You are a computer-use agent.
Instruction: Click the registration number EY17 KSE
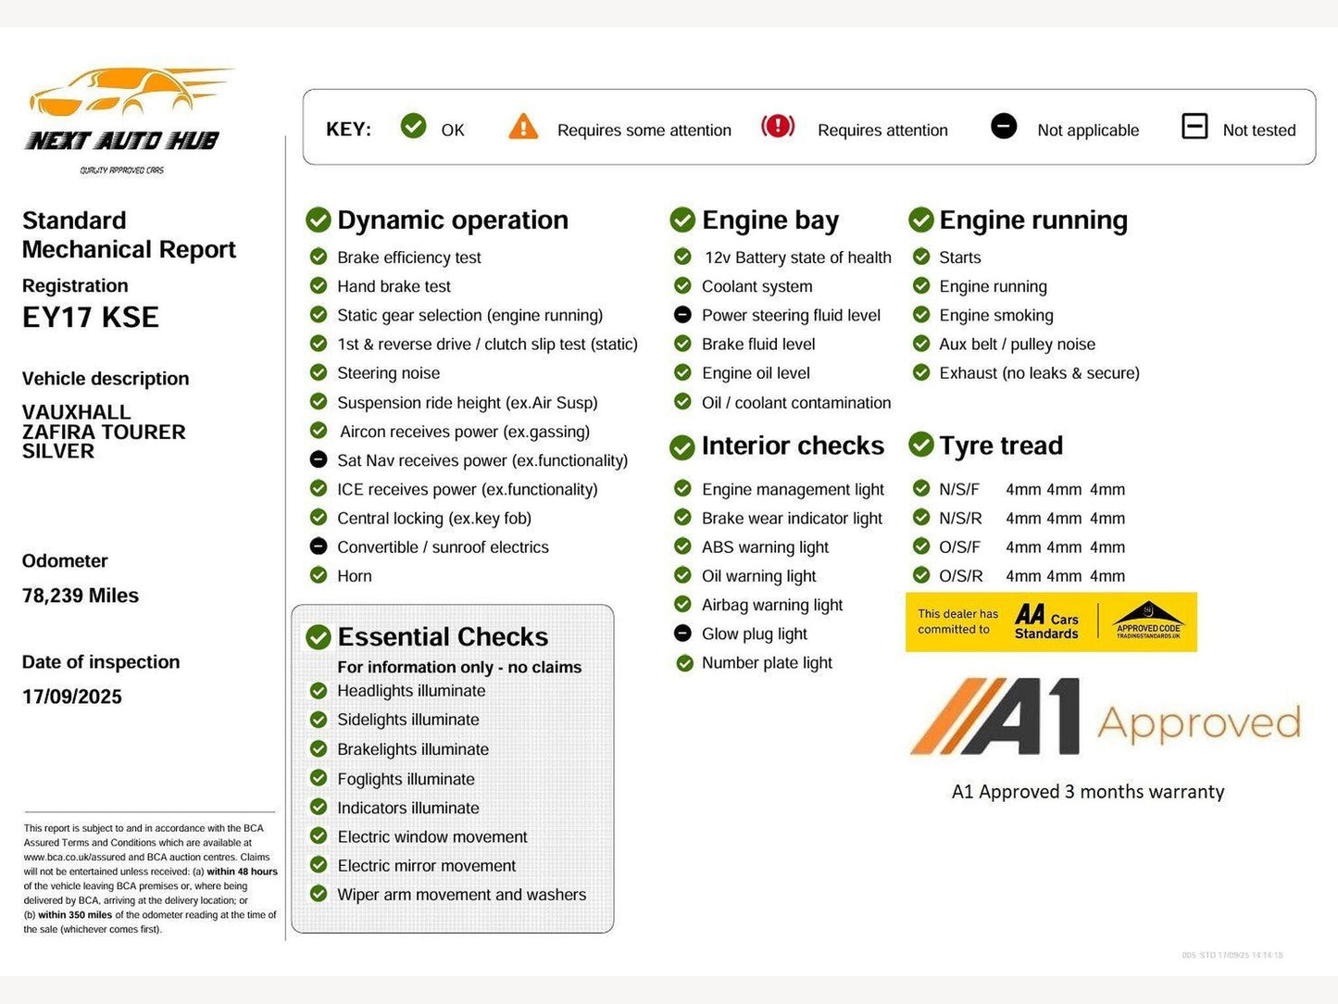coord(91,318)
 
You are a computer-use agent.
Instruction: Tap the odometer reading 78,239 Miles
coord(81,596)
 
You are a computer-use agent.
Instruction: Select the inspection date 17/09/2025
coord(72,697)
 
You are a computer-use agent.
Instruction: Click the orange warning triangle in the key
coord(523,127)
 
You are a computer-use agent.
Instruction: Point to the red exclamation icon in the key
coord(778,126)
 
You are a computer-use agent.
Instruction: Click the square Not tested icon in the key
coord(1194,126)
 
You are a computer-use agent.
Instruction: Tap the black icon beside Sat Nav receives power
coord(319,459)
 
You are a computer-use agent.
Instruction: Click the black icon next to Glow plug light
coord(682,634)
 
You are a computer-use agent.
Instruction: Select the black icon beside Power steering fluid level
coord(682,315)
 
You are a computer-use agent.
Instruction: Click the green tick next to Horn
coord(319,575)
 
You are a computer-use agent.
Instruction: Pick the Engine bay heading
coord(769,220)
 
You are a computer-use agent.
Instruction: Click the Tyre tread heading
coord(1000,446)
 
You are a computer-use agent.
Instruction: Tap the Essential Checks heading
coord(443,637)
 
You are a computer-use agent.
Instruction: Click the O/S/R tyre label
coord(960,576)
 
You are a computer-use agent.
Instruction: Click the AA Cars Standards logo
coord(1046,621)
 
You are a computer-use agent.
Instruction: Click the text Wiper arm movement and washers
coord(461,895)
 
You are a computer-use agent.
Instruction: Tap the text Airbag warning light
coord(771,605)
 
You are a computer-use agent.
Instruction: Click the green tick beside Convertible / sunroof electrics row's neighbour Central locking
coord(319,518)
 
